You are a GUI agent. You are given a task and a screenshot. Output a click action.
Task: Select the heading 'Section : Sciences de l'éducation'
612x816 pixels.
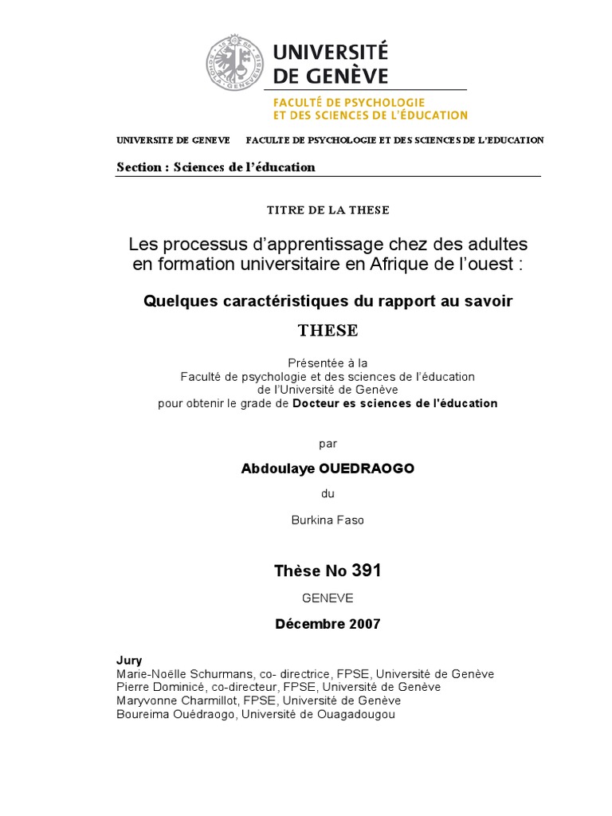(x=216, y=167)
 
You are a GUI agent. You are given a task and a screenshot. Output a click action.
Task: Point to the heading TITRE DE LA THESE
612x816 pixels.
(x=328, y=210)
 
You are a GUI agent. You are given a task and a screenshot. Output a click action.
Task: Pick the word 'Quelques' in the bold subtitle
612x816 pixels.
(x=176, y=301)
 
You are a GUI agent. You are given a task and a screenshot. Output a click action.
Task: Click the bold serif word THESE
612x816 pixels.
(x=328, y=330)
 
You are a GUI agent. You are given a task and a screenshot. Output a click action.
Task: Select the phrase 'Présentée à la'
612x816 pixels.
(x=328, y=363)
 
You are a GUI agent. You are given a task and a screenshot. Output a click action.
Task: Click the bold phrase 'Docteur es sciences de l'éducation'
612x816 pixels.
(x=395, y=403)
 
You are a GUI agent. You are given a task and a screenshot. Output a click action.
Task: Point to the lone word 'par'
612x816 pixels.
(x=328, y=442)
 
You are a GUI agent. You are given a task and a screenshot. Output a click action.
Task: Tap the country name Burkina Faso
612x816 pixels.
(x=328, y=520)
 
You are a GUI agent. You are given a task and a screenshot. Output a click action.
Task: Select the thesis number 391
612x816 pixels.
(x=367, y=571)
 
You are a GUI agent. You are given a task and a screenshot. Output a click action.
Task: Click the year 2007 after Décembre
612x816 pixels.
(x=364, y=624)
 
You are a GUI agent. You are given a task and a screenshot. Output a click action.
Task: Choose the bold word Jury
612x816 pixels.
(x=129, y=661)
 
